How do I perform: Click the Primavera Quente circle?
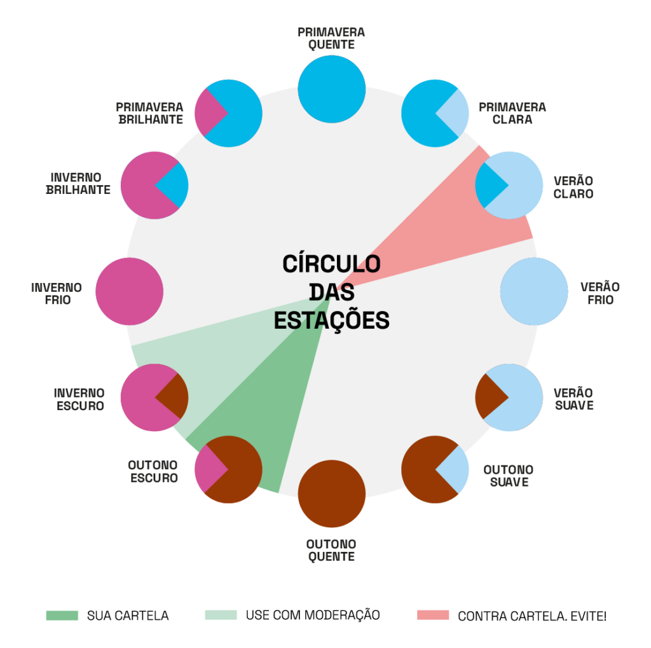tap(332, 90)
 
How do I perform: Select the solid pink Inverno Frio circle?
tap(129, 292)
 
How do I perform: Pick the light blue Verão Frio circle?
tap(534, 292)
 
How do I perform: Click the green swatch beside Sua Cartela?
tap(62, 616)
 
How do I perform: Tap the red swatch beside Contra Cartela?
tap(433, 616)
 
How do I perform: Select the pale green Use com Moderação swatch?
tap(221, 616)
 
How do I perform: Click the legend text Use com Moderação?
tap(313, 616)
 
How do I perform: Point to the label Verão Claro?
tap(573, 187)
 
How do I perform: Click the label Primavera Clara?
tap(512, 113)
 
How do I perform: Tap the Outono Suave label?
tap(508, 476)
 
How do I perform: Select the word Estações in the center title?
tap(331, 320)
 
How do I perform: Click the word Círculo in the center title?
tap(331, 263)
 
